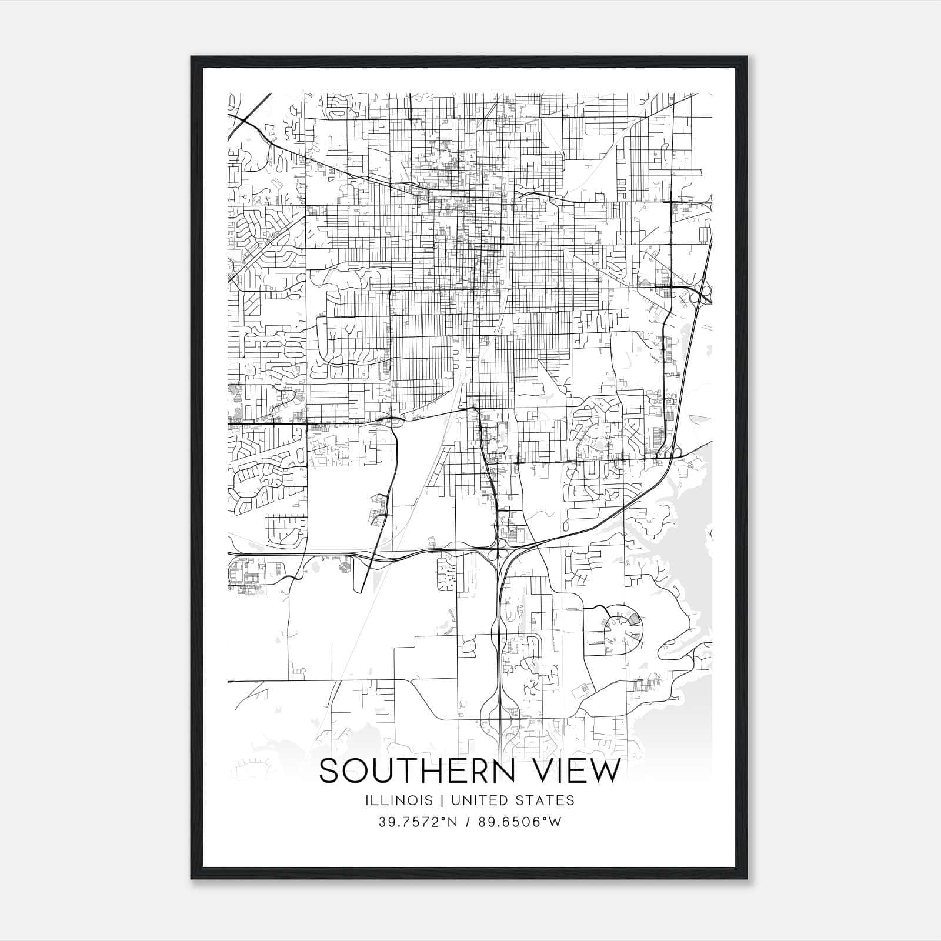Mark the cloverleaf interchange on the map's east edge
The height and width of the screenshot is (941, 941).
[x=700, y=292]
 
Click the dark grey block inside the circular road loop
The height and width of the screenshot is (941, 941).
[x=633, y=619]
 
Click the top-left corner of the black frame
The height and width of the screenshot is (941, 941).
[x=192, y=58]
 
